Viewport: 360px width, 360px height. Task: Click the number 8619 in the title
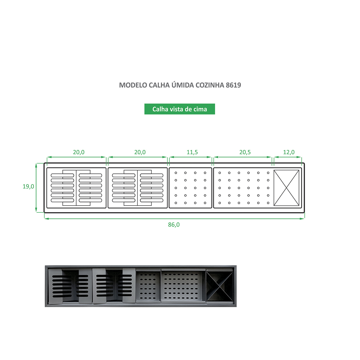tap(233, 85)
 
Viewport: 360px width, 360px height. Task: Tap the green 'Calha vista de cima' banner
tap(179, 109)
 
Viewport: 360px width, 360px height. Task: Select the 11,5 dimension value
tap(192, 152)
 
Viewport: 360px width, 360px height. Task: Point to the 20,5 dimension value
tap(245, 152)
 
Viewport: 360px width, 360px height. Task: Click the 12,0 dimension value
tap(289, 152)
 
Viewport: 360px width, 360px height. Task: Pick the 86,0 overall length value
tap(174, 225)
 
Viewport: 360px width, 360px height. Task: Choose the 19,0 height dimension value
tap(28, 186)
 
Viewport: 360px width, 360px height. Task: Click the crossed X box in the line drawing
tap(286, 188)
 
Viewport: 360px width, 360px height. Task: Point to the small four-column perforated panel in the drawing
tap(190, 188)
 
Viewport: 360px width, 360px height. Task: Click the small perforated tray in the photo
tap(148, 286)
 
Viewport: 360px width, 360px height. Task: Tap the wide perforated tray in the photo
tap(183, 286)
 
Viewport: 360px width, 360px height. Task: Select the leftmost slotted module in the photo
tap(70, 286)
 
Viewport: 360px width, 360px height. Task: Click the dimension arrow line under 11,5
tap(190, 157)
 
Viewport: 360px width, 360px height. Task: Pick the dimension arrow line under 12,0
tap(288, 157)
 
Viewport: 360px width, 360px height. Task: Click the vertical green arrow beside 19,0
tap(36, 188)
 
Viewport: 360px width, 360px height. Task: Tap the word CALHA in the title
tap(159, 85)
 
